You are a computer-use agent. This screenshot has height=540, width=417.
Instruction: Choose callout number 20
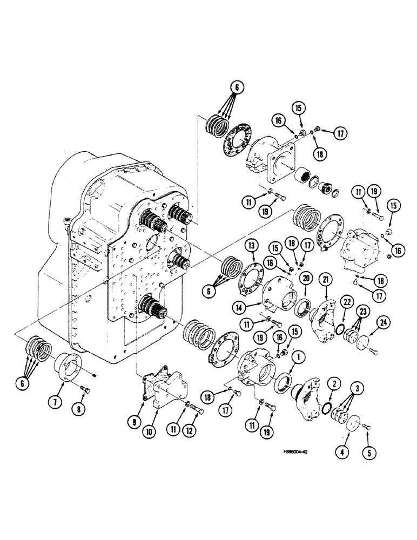(307, 279)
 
